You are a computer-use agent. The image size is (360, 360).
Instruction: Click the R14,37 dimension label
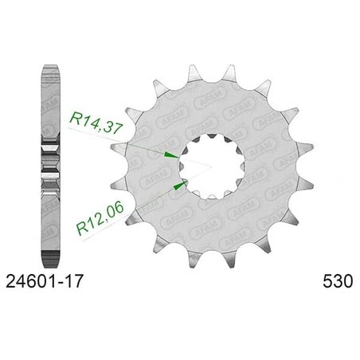[96, 123]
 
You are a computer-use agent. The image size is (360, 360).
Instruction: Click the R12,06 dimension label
[100, 218]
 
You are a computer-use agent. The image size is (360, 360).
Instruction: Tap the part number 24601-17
[45, 281]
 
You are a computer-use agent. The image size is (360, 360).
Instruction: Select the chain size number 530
[338, 281]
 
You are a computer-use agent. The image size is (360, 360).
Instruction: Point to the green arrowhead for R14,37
[171, 155]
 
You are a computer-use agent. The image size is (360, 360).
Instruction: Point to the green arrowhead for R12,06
[181, 185]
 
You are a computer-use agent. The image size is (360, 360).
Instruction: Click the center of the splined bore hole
[212, 166]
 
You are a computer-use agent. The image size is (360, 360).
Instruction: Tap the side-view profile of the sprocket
[51, 166]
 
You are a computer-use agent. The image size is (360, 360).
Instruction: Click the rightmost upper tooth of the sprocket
[305, 147]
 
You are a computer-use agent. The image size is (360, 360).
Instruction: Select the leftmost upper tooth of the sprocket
[119, 148]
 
